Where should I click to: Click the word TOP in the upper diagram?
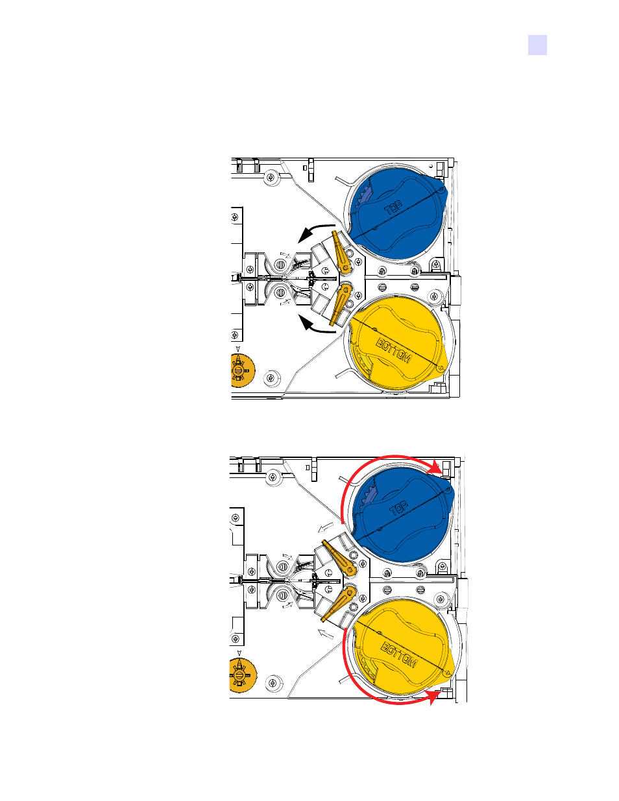pyautogui.click(x=393, y=208)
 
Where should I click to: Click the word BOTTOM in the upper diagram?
pyautogui.click(x=393, y=351)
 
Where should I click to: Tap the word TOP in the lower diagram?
pyautogui.click(x=398, y=508)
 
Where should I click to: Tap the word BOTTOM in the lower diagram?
pyautogui.click(x=399, y=654)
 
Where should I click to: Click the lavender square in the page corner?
pyautogui.click(x=537, y=45)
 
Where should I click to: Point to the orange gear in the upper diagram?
pyautogui.click(x=242, y=370)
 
